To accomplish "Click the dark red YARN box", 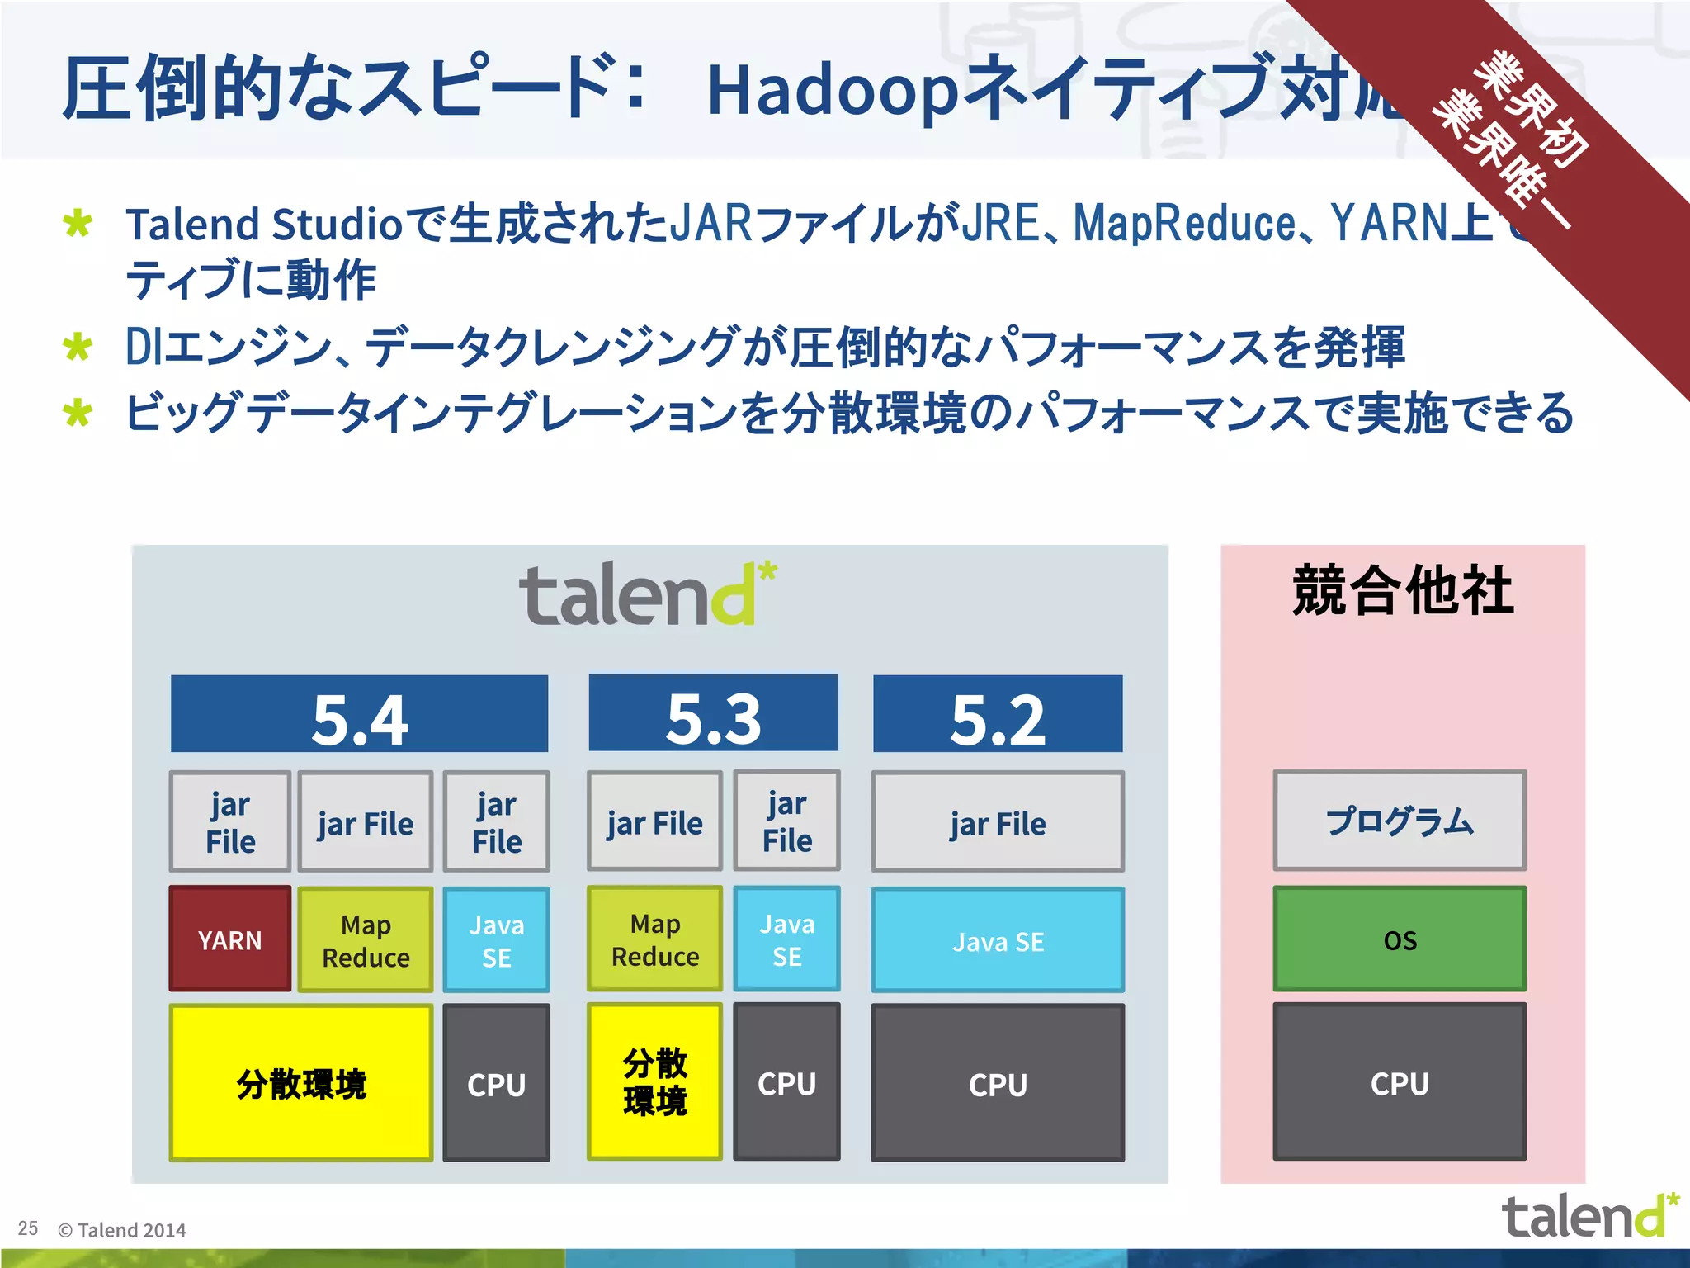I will (x=229, y=939).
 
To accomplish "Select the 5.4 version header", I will (x=359, y=715).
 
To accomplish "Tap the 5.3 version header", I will (x=713, y=715).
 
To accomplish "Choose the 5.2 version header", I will (x=998, y=715).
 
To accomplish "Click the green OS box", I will (x=1400, y=939).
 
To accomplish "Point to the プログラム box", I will (x=1400, y=821).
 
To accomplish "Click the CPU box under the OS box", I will (x=1400, y=1082).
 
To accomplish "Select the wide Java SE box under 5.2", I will (x=998, y=940).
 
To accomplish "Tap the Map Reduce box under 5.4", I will (x=366, y=940).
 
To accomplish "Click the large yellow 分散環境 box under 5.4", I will (x=301, y=1083).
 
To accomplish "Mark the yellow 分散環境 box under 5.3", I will (x=655, y=1082).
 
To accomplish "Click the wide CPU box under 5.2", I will (x=998, y=1083).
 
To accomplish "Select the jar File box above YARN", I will (x=229, y=821).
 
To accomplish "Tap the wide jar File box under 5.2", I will (x=998, y=822).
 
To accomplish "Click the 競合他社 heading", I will (x=1403, y=591).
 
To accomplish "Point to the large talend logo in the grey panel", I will (x=648, y=594).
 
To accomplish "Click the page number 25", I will (x=28, y=1228).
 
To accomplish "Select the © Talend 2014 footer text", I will (x=122, y=1230).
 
